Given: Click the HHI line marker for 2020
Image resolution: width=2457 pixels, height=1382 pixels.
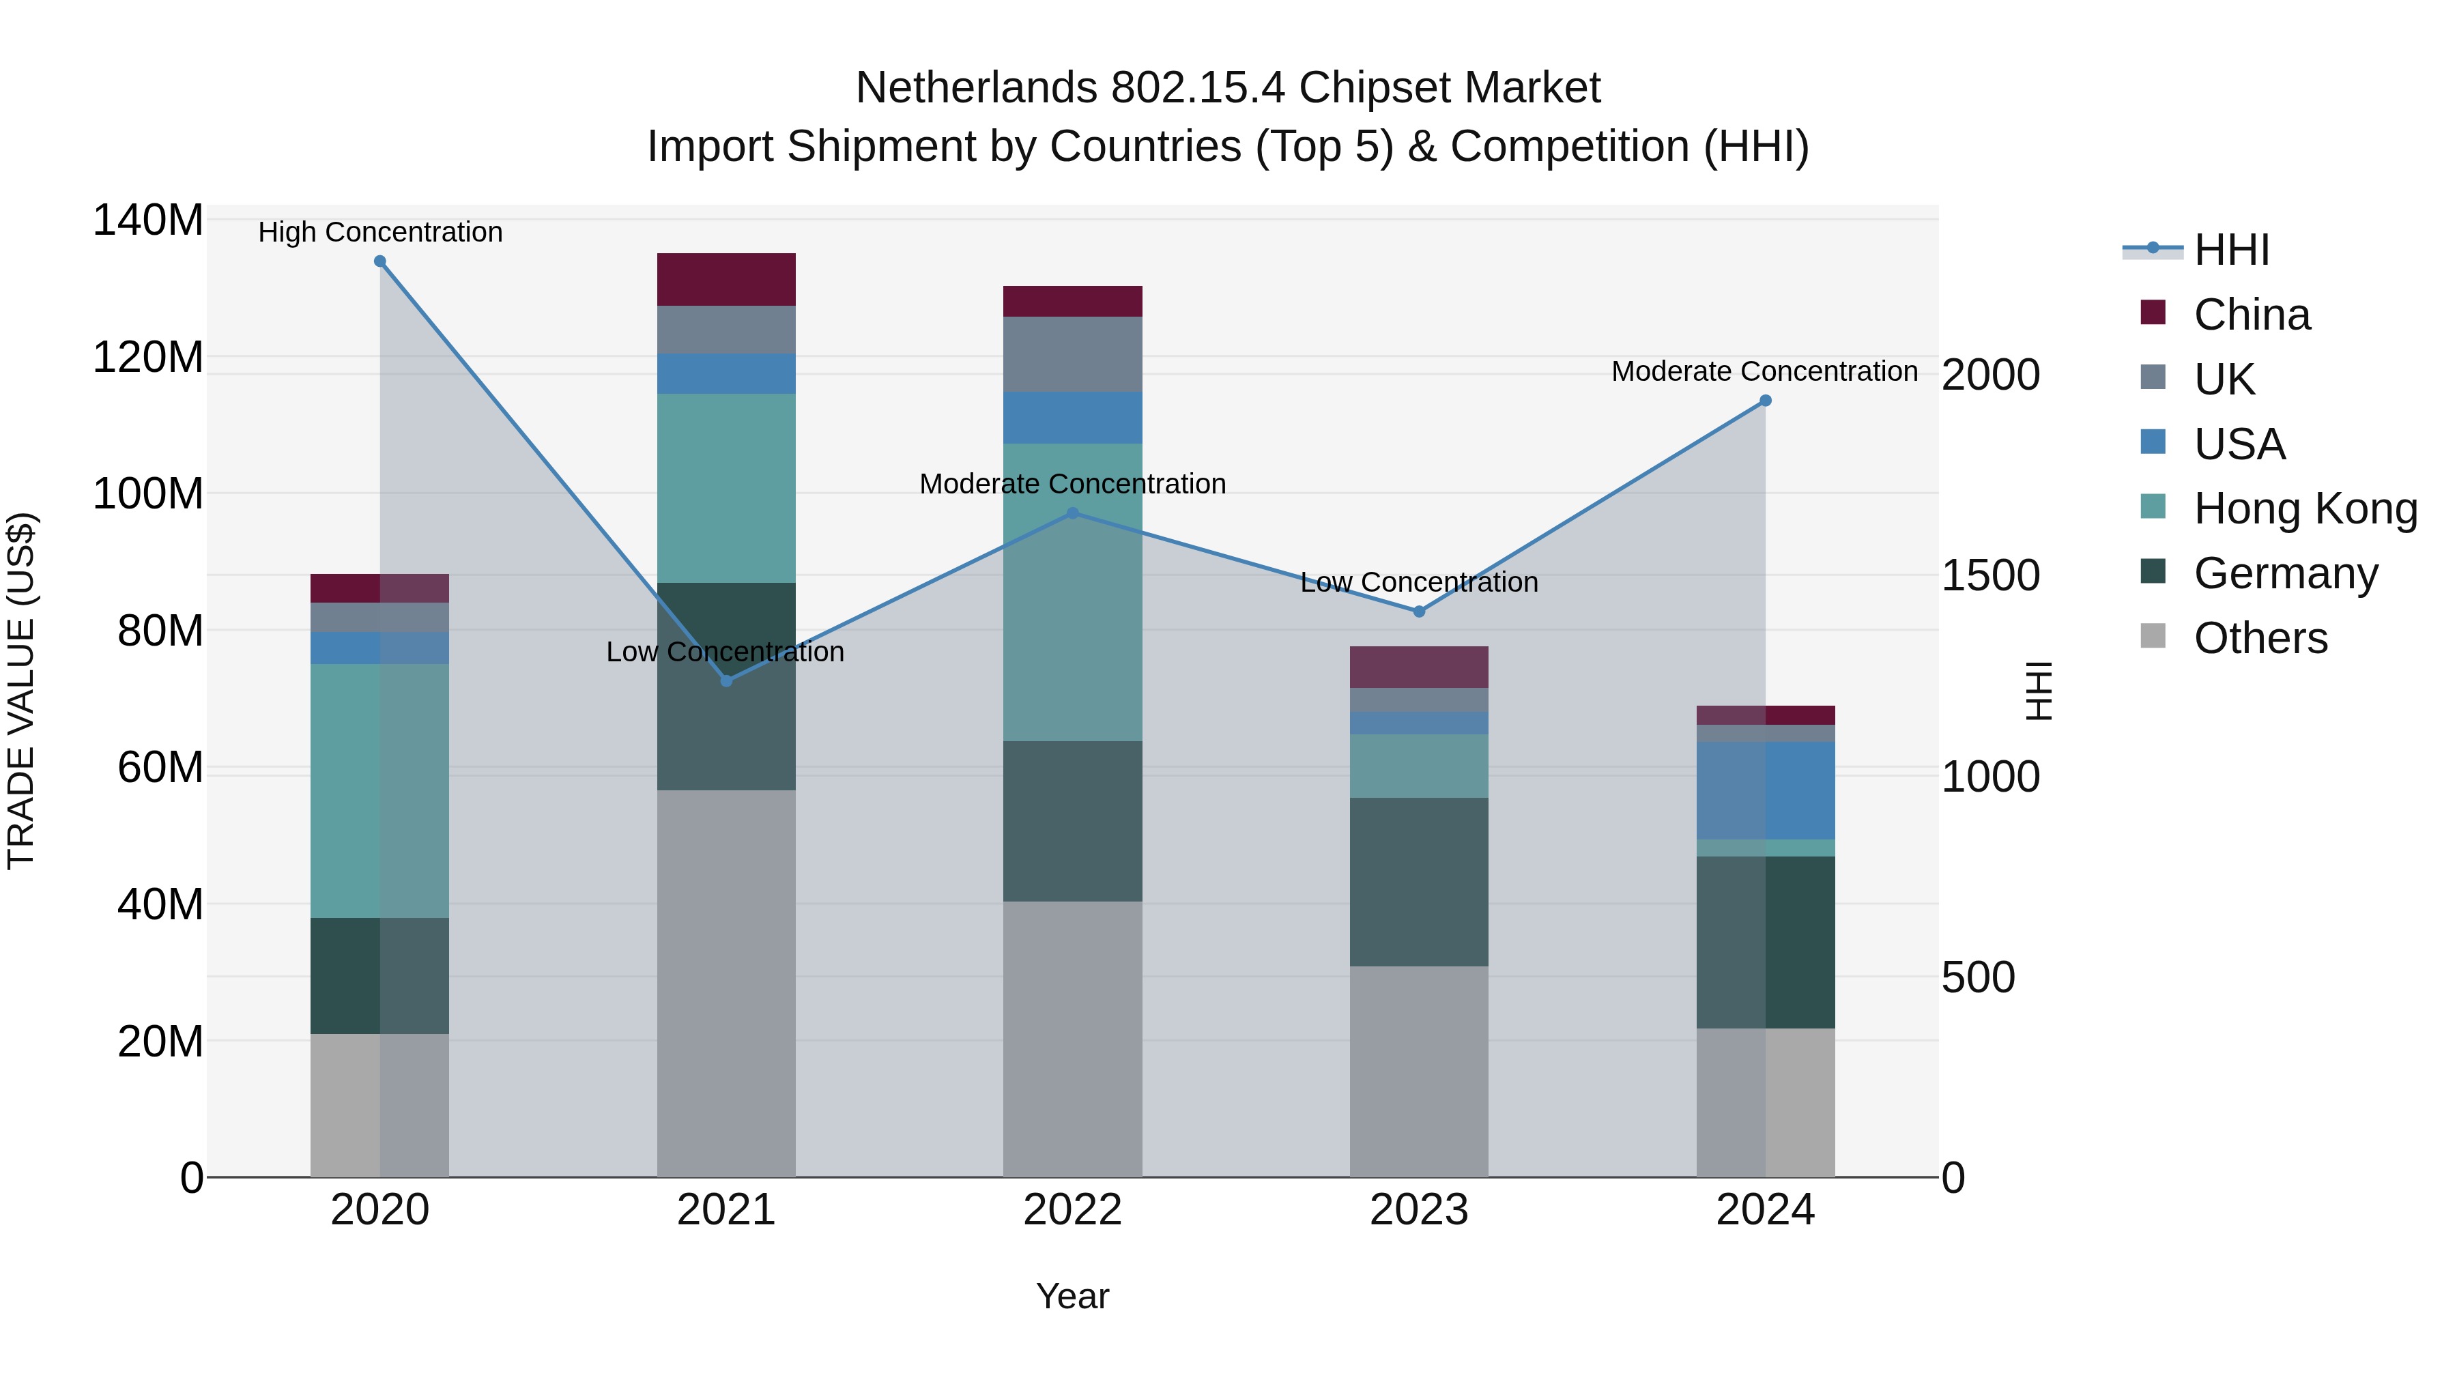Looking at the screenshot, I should pyautogui.click(x=379, y=261).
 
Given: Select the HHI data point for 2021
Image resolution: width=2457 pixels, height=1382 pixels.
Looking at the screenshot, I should pyautogui.click(x=726, y=681).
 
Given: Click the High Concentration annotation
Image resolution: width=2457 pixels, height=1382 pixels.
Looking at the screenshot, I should pyautogui.click(x=379, y=233).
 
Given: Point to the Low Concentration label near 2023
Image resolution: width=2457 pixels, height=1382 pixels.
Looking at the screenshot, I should pyautogui.click(x=1418, y=583).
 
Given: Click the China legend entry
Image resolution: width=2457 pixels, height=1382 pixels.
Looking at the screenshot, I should pyautogui.click(x=2251, y=315).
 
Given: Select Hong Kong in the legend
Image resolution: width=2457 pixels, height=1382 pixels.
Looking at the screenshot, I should pyautogui.click(x=2304, y=508).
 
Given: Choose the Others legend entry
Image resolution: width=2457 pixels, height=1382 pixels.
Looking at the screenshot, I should pyautogui.click(x=2260, y=638).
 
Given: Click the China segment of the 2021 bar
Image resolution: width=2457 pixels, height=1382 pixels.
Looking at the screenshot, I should pyautogui.click(x=726, y=279).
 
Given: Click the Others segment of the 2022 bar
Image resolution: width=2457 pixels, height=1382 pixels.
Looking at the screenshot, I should pyautogui.click(x=1072, y=1039).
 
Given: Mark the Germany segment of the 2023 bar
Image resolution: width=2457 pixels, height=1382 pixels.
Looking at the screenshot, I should pyautogui.click(x=1418, y=882).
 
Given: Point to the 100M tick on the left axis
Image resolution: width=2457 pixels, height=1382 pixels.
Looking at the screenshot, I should pyautogui.click(x=148, y=494).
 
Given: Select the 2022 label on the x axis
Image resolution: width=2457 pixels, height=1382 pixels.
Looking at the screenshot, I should pyautogui.click(x=1072, y=1210).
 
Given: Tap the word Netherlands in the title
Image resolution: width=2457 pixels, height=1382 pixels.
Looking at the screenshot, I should pyautogui.click(x=977, y=88).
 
